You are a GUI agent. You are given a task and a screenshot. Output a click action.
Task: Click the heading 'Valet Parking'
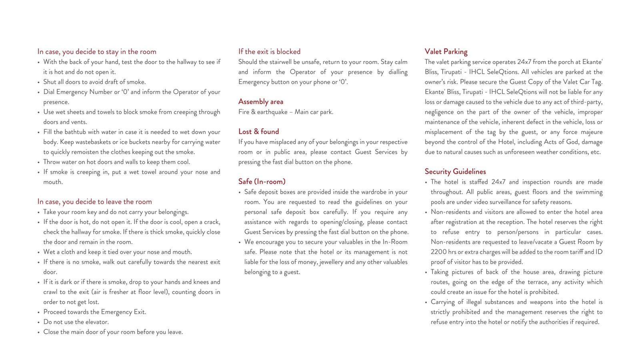[x=446, y=52]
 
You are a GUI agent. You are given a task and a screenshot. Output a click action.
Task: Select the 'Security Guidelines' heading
[x=455, y=172]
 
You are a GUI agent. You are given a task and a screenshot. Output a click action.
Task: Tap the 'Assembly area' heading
[x=261, y=102]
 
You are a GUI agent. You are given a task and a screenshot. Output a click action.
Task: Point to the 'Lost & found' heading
[x=259, y=132]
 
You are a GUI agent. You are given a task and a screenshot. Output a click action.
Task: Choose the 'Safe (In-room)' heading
[x=262, y=182]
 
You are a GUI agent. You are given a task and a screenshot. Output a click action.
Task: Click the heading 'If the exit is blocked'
[x=269, y=52]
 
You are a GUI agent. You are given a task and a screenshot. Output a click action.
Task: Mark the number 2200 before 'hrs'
[x=439, y=252]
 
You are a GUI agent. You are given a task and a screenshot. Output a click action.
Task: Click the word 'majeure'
[x=590, y=132]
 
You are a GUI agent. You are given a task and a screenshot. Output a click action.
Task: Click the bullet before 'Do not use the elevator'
[x=38, y=322]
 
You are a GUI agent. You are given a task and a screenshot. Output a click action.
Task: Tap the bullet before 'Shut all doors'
[x=38, y=82]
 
